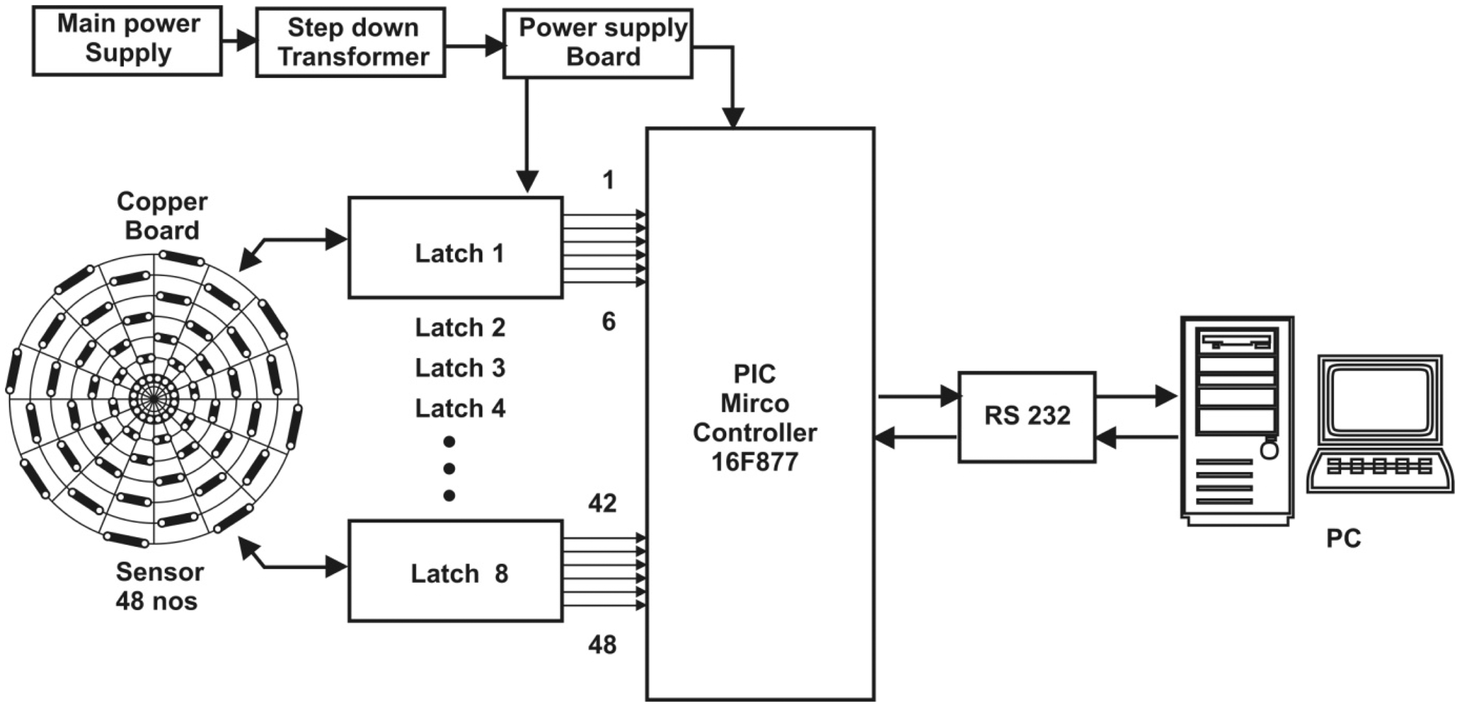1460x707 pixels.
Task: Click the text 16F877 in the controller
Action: (754, 462)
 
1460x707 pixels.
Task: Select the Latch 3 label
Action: (460, 368)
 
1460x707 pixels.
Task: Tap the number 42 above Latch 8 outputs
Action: (602, 503)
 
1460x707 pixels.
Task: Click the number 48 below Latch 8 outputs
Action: (602, 645)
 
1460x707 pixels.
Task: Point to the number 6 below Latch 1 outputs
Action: (608, 322)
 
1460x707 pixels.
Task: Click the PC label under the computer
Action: (1343, 538)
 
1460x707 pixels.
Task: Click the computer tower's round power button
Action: (1270, 451)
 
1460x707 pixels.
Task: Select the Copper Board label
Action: (162, 216)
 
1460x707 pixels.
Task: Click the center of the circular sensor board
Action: (154, 400)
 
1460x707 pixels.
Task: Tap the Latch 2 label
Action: (460, 328)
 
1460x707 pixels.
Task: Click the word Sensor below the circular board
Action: (160, 572)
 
